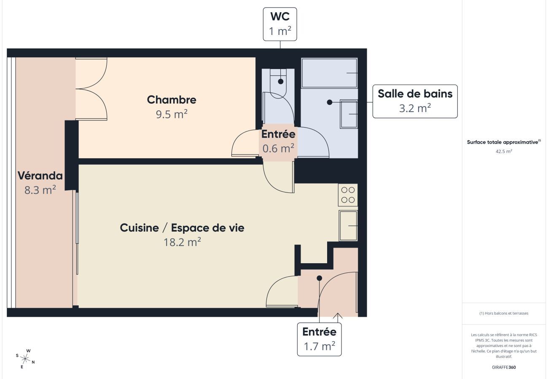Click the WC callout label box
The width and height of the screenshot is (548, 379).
coord(280,24)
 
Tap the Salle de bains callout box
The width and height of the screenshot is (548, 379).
coord(415,101)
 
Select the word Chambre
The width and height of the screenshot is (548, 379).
coord(172,100)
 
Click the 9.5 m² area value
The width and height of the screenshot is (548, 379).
coord(172,114)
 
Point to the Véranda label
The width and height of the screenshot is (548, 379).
coord(40,176)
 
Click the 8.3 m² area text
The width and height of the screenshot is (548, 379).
coord(40,189)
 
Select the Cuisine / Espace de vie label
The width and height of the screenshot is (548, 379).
coord(182,228)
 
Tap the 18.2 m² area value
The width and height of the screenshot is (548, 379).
coord(182,242)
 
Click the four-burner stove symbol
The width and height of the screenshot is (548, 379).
coord(348,195)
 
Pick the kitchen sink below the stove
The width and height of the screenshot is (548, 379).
coord(348,226)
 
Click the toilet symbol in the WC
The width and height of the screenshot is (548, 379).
coord(278,84)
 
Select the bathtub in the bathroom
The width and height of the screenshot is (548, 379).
coord(329,73)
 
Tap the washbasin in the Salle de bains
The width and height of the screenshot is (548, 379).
coord(349,114)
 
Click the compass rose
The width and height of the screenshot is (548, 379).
coord(25,359)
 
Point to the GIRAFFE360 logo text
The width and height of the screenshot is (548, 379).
coord(504,367)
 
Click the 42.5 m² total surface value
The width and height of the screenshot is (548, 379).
coord(504,151)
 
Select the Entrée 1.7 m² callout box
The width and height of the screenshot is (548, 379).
coord(319,339)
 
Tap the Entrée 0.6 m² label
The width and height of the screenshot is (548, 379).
coord(278,141)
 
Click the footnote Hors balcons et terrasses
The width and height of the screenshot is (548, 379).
coord(504,313)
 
